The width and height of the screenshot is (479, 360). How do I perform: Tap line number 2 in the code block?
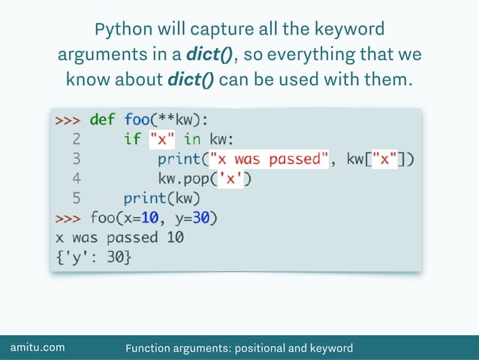coord(76,139)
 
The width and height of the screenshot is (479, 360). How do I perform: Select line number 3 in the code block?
coord(76,159)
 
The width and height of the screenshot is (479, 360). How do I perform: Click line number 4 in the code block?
coord(76,179)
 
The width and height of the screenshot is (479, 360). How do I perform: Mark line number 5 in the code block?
coord(76,198)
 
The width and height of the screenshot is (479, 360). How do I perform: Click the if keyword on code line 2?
coord(132,139)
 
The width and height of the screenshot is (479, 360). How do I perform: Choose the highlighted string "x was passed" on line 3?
coord(270,159)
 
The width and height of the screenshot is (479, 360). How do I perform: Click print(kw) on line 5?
coord(162,198)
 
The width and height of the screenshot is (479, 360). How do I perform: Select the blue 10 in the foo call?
coord(148,219)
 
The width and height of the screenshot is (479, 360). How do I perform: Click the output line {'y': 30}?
coord(94,258)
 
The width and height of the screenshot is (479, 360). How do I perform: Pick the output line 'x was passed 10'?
coord(119,238)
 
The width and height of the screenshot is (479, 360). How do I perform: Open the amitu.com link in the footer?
coord(37,347)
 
